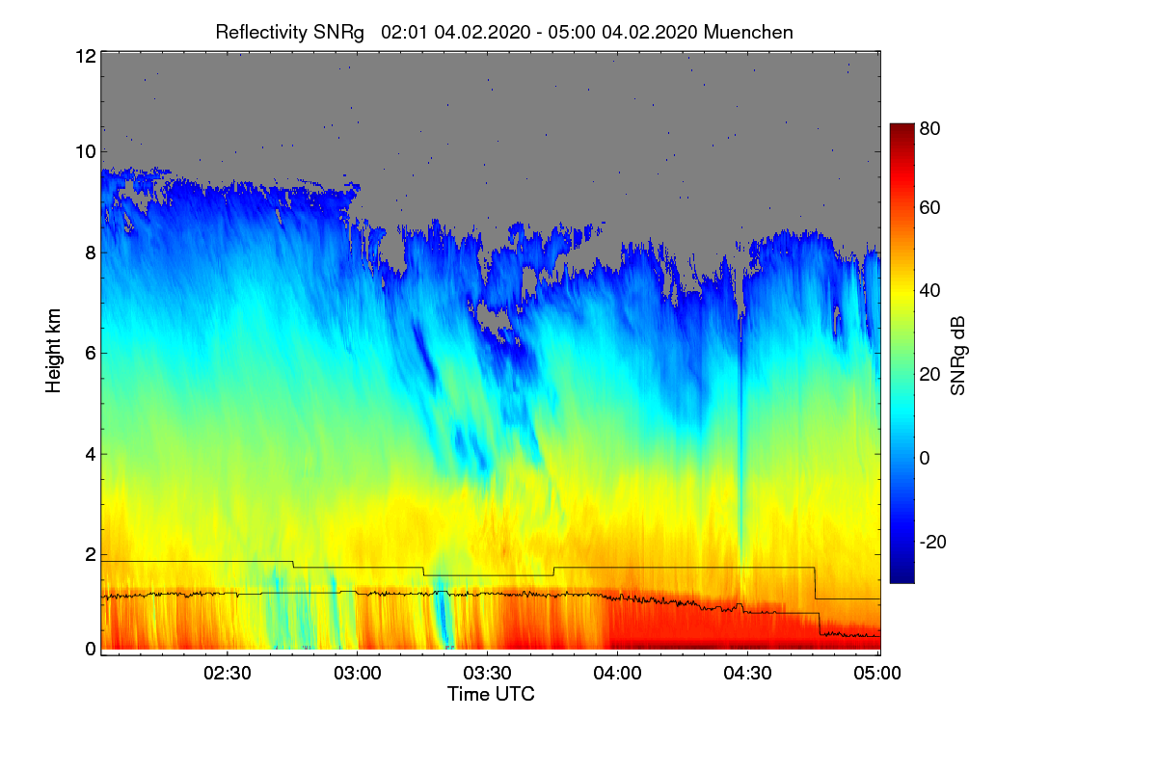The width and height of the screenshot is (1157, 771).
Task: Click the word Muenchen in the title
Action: (x=748, y=32)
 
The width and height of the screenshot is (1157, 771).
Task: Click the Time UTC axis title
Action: (x=491, y=694)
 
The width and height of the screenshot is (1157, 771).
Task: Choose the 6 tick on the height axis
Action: (x=90, y=353)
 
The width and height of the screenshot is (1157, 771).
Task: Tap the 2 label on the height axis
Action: (x=90, y=554)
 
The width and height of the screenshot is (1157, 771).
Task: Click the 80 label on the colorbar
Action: (x=929, y=126)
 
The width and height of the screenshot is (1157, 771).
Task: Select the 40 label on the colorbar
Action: (x=929, y=290)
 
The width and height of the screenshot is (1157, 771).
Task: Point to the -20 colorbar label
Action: (x=933, y=542)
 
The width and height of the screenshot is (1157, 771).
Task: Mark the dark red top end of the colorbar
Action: (x=901, y=128)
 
